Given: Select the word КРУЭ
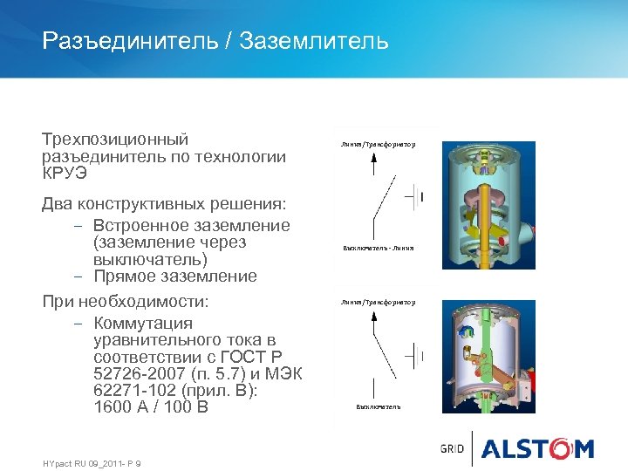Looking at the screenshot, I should click(x=65, y=173).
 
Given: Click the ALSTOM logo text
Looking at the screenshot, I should click(x=537, y=448).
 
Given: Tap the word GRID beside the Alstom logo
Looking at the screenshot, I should click(x=453, y=449).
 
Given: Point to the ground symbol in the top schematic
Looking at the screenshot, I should click(x=416, y=197).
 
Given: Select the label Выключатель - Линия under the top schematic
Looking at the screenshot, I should click(x=378, y=248).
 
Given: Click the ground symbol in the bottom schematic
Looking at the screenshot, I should click(x=416, y=355).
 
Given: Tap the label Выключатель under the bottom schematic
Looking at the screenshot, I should click(x=378, y=406).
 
